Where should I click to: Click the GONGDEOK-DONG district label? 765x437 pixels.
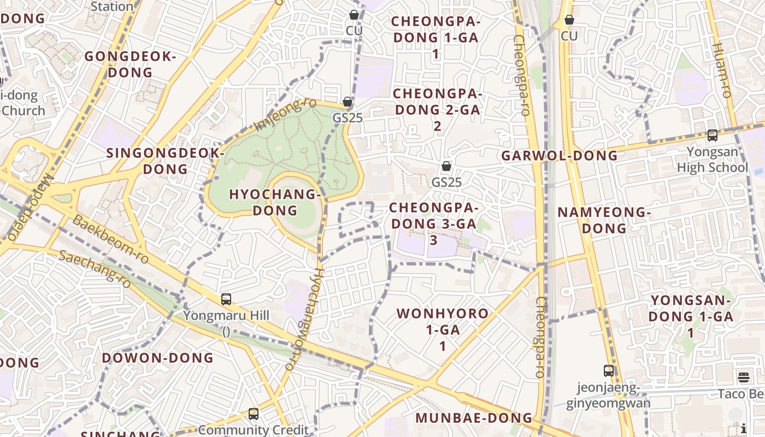(x=130, y=64)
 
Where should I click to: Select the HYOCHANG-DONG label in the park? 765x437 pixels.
(x=274, y=202)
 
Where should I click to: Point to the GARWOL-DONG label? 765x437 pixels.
(x=560, y=156)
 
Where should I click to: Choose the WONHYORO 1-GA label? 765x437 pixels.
(x=443, y=329)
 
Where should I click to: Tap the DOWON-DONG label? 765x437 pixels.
(x=158, y=358)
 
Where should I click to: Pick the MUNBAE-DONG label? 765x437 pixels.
(x=474, y=418)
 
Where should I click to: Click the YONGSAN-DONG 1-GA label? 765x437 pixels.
(x=691, y=316)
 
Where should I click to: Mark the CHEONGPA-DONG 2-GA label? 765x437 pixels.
(x=437, y=109)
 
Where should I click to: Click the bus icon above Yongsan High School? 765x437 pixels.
(x=712, y=135)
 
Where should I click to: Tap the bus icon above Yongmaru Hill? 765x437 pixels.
(x=226, y=299)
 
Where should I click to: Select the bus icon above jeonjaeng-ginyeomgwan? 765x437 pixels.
(x=608, y=371)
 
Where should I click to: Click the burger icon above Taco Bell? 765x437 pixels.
(x=743, y=377)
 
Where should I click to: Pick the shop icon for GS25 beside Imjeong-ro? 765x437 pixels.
(x=347, y=102)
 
